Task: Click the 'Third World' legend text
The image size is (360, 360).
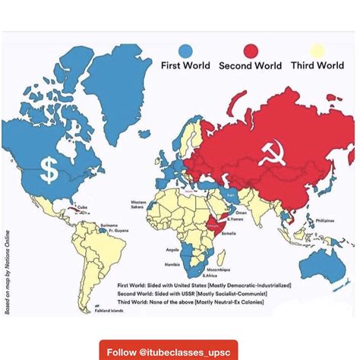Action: point(318,66)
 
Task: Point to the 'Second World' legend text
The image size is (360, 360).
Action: point(251,66)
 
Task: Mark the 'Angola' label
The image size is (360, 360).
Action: point(172,249)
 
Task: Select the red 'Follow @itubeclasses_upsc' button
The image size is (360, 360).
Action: point(169,352)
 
